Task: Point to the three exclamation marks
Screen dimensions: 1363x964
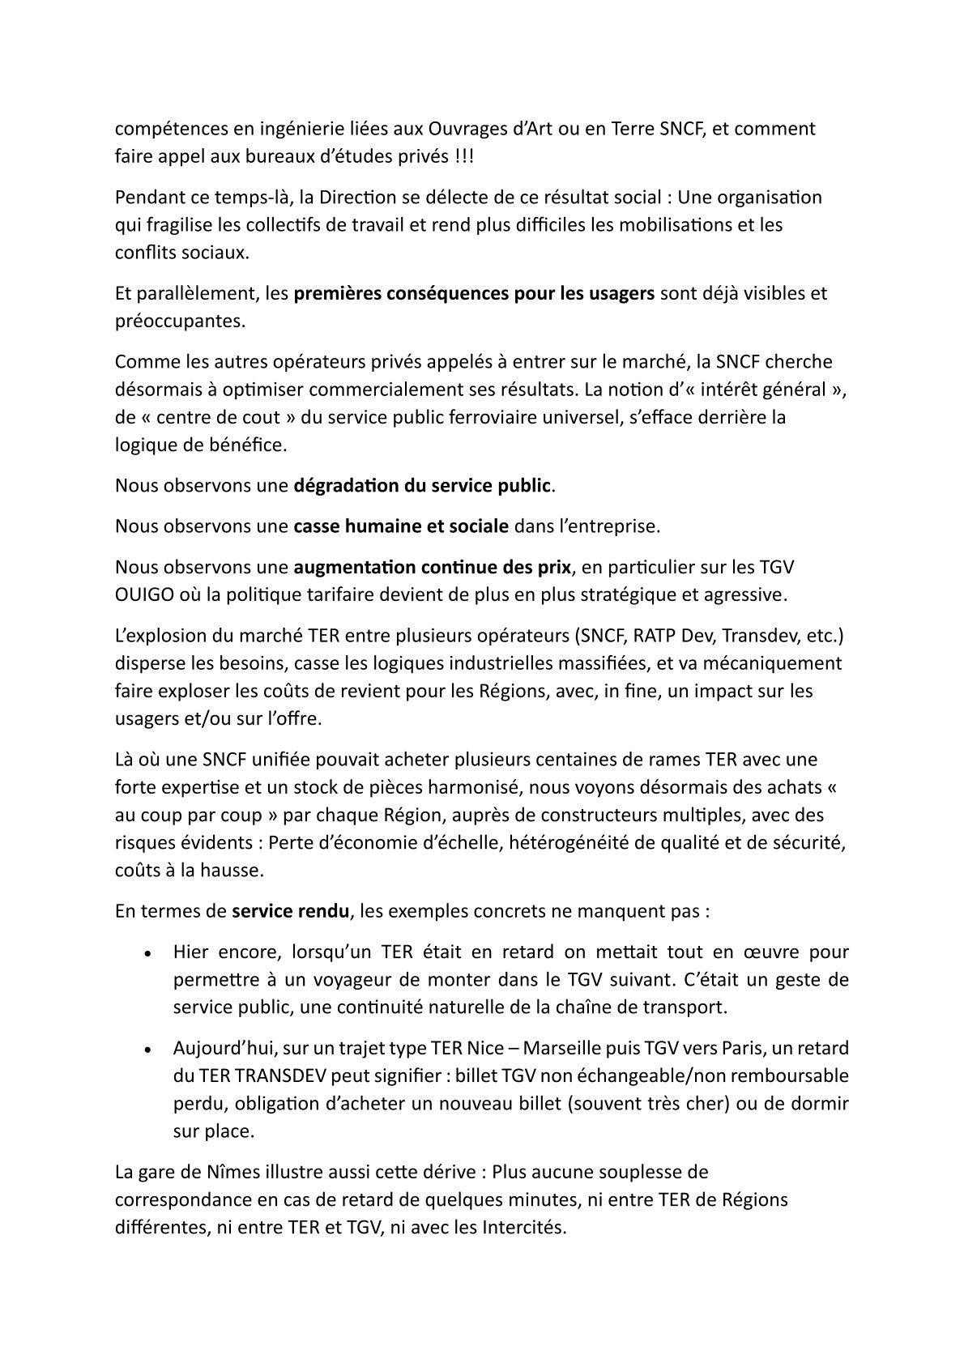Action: coord(463,155)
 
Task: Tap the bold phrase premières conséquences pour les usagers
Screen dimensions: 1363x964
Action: coord(474,293)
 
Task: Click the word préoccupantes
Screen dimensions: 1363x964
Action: coord(180,321)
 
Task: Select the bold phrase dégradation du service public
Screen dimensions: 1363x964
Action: coord(421,486)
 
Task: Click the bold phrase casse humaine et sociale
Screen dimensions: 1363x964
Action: coord(401,526)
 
